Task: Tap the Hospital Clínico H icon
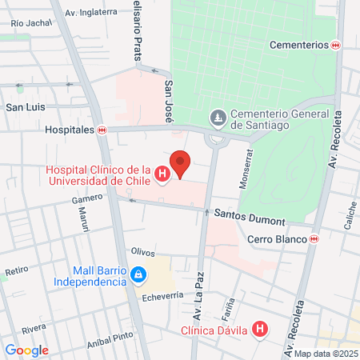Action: [x=162, y=174]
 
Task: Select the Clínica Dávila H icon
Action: [x=259, y=329]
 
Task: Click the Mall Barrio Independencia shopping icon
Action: [x=139, y=274]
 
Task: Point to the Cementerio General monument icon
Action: [x=217, y=118]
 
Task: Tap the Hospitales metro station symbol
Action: [x=102, y=130]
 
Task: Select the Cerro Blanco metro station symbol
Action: [x=314, y=239]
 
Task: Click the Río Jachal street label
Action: [x=30, y=24]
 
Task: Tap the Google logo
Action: [x=26, y=350]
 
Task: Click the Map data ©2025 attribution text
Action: [x=326, y=354]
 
